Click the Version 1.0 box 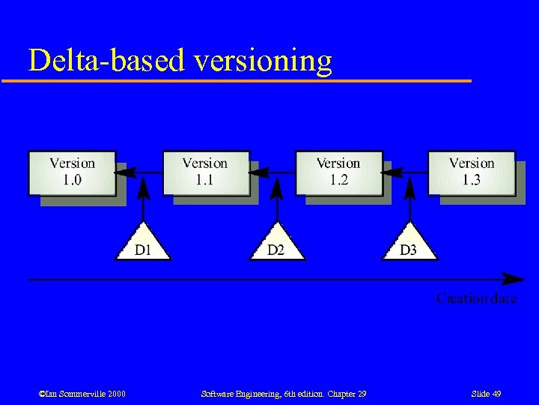pyautogui.click(x=72, y=172)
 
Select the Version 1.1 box pyautogui.click(x=205, y=172)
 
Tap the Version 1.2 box pyautogui.click(x=338, y=172)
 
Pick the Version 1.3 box pyautogui.click(x=471, y=172)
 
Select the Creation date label pyautogui.click(x=477, y=298)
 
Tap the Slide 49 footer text pyautogui.click(x=486, y=394)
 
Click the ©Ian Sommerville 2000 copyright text pyautogui.click(x=82, y=394)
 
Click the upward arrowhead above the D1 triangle pyautogui.click(x=144, y=187)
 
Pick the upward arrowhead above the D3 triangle pyautogui.click(x=409, y=187)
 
